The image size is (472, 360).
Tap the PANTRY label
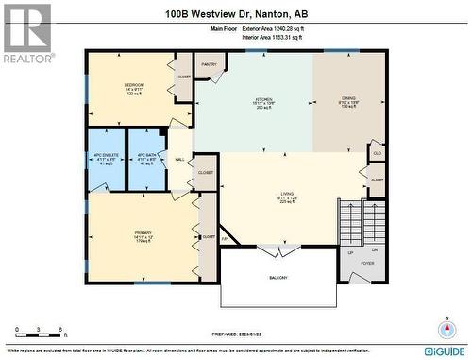click(x=210, y=64)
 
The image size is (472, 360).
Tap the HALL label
click(x=179, y=159)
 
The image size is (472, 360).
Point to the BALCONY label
click(x=278, y=277)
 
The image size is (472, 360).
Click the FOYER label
click(x=367, y=264)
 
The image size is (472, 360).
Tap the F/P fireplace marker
click(x=224, y=240)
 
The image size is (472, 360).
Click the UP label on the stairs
click(x=350, y=252)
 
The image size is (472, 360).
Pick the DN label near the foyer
click(x=374, y=249)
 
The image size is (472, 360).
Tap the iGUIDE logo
click(x=443, y=351)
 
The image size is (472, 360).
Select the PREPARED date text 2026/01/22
click(x=235, y=333)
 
